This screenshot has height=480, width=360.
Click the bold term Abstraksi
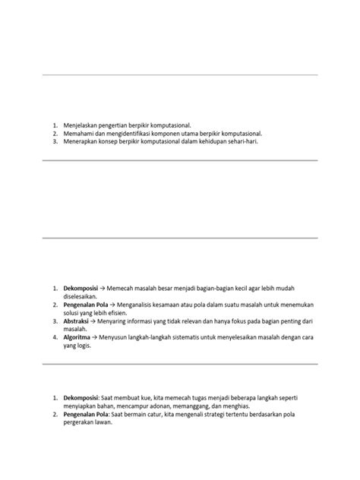click(x=78, y=321)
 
